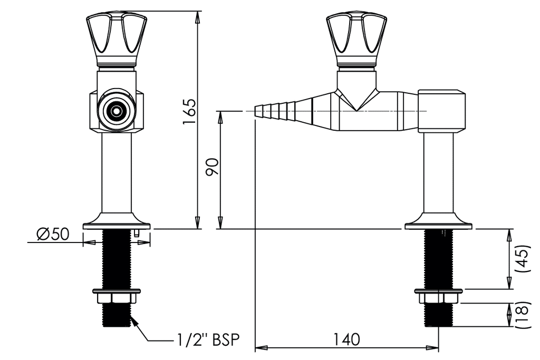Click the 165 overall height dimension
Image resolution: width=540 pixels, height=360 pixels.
point(189,111)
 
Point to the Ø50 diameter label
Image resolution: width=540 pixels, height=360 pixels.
point(53,233)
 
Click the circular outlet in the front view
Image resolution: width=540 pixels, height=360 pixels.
point(115,111)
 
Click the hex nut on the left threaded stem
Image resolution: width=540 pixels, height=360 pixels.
point(116,298)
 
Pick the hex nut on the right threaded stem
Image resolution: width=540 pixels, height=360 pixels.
point(438,298)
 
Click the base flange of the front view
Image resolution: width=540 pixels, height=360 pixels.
point(116,222)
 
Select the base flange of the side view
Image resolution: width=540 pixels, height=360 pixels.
point(438,222)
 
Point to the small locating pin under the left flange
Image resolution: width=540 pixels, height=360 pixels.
point(136,232)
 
